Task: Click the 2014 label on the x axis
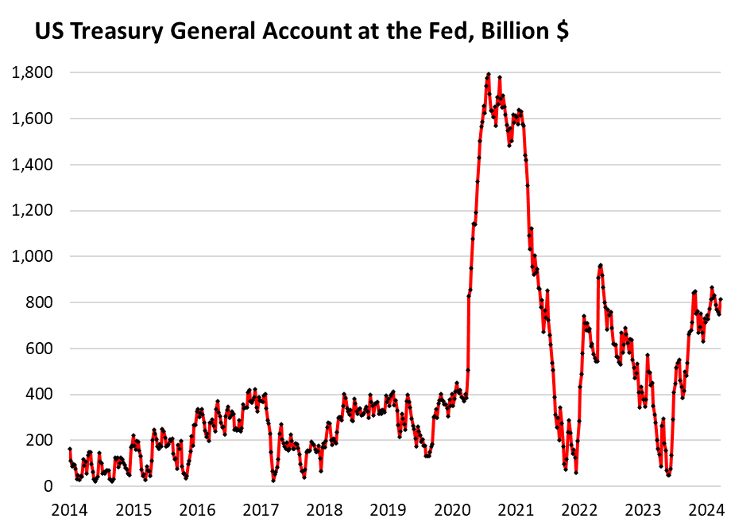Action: point(70,510)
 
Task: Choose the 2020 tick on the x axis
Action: point(452,510)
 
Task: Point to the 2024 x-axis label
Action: point(706,510)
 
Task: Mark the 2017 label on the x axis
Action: point(261,510)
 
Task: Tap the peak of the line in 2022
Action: point(600,265)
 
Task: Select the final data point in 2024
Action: point(720,300)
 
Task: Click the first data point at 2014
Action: point(70,450)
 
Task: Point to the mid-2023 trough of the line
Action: point(668,475)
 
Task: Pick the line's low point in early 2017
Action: point(273,480)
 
